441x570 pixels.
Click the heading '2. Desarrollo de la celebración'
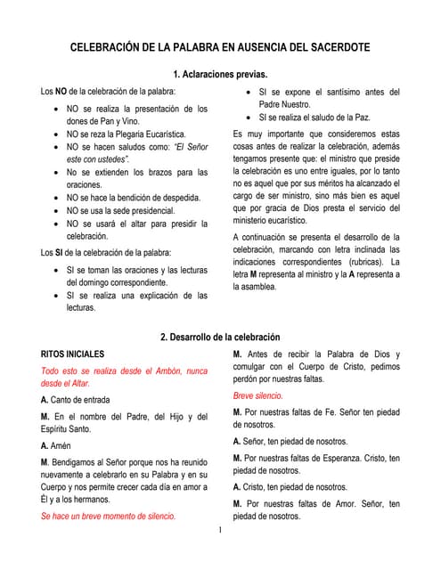(x=220, y=337)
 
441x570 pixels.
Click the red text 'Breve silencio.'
(x=258, y=395)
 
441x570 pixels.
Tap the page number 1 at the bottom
(x=220, y=532)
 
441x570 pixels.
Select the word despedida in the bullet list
(x=177, y=197)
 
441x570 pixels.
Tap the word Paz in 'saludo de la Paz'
(x=360, y=118)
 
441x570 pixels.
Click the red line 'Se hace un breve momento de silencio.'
(x=109, y=516)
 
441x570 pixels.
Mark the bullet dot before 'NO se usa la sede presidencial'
(x=57, y=210)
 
